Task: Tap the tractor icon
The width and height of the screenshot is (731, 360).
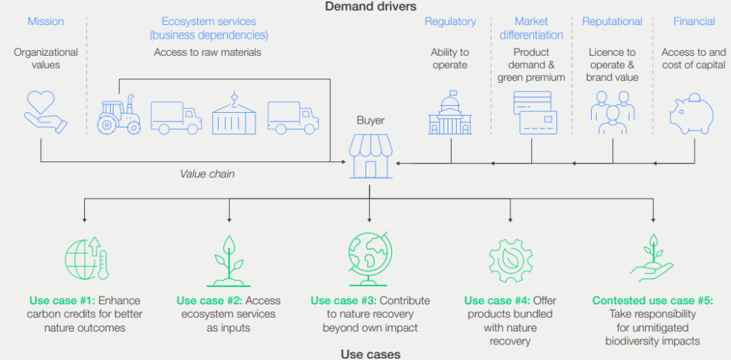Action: pos(118,114)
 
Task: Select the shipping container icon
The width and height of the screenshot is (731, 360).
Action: pos(233,114)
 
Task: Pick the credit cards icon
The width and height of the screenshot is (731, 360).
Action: pos(535,113)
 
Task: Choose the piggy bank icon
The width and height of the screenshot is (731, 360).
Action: pos(691,113)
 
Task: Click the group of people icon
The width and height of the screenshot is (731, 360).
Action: pos(612,113)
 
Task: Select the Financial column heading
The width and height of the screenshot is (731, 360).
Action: pos(694,21)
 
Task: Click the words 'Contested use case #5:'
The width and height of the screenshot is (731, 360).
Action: pos(652,301)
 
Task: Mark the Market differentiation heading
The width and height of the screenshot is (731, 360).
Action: pos(531,28)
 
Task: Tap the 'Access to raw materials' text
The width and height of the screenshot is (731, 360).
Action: pos(207,52)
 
